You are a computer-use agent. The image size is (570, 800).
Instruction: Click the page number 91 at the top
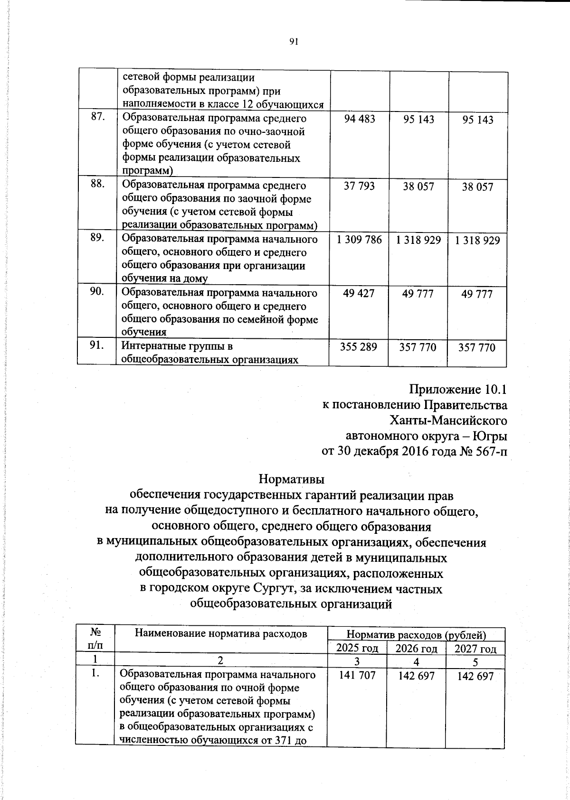coord(293,42)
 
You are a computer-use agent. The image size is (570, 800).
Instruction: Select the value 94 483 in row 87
coord(359,119)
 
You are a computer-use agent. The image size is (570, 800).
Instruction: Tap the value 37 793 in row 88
coord(359,186)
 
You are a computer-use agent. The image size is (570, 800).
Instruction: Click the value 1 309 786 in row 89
coord(359,240)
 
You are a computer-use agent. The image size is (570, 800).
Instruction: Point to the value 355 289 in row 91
coord(359,347)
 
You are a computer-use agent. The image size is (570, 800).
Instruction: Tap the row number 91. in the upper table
coord(97,346)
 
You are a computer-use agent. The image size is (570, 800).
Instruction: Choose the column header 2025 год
coord(357,648)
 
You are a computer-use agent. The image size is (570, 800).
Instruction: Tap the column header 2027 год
coord(475,649)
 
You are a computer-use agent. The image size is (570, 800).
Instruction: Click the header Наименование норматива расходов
coord(221,633)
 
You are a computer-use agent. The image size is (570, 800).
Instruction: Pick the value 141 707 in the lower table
coord(357,675)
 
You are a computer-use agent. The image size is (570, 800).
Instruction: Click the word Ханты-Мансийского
coord(448,420)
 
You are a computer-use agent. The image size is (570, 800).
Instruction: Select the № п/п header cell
coord(95,639)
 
